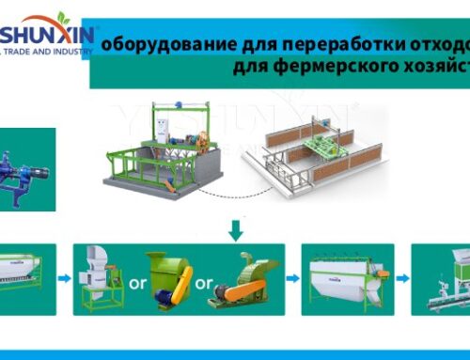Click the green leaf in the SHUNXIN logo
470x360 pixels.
click(x=63, y=19)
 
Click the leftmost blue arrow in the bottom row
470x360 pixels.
click(x=61, y=278)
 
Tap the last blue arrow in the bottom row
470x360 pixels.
click(x=401, y=278)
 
